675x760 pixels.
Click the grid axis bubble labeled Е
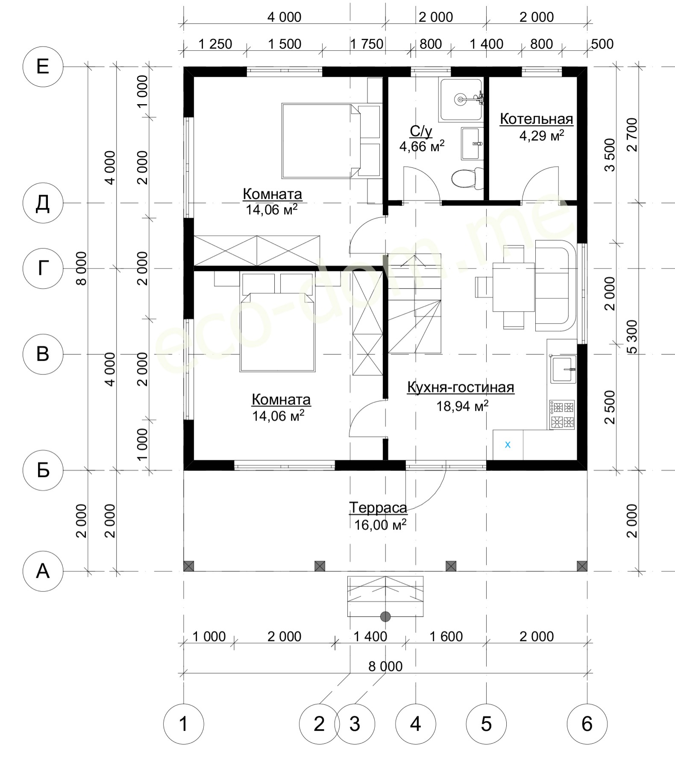tap(43, 67)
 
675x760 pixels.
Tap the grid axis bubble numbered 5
tap(486, 724)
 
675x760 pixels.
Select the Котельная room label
tap(537, 119)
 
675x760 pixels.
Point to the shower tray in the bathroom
tap(461, 99)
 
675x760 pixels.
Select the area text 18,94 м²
tap(462, 406)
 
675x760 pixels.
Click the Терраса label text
tap(378, 508)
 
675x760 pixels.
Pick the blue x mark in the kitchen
tap(508, 445)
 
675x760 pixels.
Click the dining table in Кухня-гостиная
tap(514, 287)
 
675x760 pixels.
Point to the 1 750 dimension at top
tap(367, 44)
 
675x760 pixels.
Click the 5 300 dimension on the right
tap(632, 337)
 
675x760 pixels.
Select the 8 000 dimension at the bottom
tap(385, 666)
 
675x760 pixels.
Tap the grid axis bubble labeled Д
tap(43, 203)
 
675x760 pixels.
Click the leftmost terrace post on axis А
tap(189, 566)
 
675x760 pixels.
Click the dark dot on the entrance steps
tap(385, 617)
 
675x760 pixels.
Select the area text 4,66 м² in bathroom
tap(422, 146)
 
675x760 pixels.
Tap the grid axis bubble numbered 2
tap(319, 724)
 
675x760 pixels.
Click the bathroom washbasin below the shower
tap(472, 144)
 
